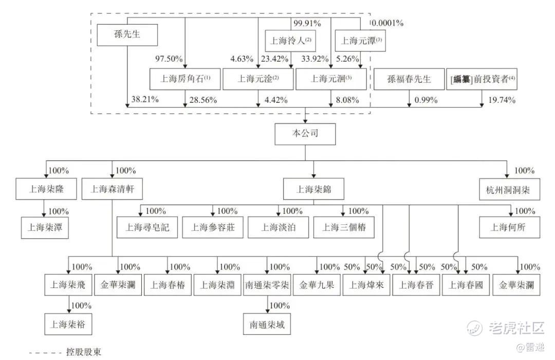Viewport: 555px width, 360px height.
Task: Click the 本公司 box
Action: coord(305,134)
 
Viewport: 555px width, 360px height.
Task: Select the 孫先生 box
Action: coord(127,35)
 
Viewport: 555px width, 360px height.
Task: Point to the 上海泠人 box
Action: coord(291,40)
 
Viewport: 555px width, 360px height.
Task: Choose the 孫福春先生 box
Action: coord(409,79)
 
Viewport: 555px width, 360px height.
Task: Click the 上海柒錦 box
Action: coord(313,189)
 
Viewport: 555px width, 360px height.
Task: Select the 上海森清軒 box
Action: coord(112,189)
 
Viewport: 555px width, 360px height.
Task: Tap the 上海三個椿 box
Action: coord(344,227)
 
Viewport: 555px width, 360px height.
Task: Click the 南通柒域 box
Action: coord(267,325)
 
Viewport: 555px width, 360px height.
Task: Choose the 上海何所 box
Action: coord(510,227)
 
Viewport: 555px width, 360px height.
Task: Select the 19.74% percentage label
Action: coord(502,100)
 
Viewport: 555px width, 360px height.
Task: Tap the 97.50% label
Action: coord(169,59)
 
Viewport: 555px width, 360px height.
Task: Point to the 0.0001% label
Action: coord(387,23)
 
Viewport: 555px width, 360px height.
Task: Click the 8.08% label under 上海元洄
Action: coord(346,100)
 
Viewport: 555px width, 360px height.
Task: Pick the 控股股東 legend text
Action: coord(83,352)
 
